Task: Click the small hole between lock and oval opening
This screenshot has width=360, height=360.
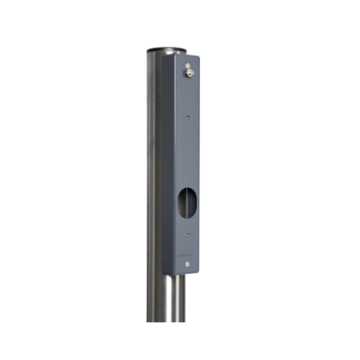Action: pyautogui.click(x=186, y=117)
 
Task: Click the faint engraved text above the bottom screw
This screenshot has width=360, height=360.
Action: pyautogui.click(x=186, y=253)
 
